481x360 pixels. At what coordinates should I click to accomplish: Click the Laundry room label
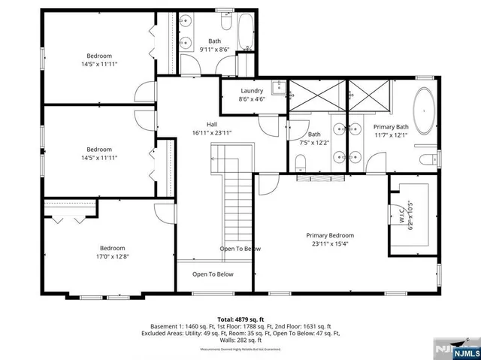pos(251,90)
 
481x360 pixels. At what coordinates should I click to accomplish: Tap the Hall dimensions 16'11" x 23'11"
pos(212,132)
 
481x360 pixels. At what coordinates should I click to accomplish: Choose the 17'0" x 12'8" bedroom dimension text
pos(112,256)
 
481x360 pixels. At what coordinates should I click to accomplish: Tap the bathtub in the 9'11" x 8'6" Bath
pos(245,34)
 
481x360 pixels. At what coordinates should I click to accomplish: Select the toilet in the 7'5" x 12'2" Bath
pos(300,162)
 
